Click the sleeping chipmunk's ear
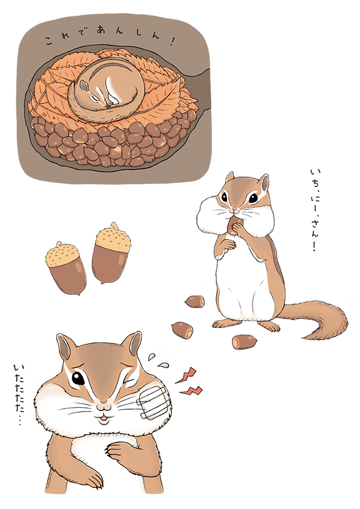[x=84, y=86]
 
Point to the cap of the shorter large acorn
[x=62, y=254]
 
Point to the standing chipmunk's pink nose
[x=235, y=211]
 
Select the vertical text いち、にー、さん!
[x=314, y=211]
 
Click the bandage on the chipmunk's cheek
[x=154, y=402]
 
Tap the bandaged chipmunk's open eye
[x=78, y=378]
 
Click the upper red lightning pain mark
[x=186, y=375]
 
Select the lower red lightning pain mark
[x=191, y=390]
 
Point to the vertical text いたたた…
[x=19, y=395]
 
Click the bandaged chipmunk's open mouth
[x=103, y=419]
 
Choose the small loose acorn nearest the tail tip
[x=244, y=342]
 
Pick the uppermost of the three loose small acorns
[x=195, y=301]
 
